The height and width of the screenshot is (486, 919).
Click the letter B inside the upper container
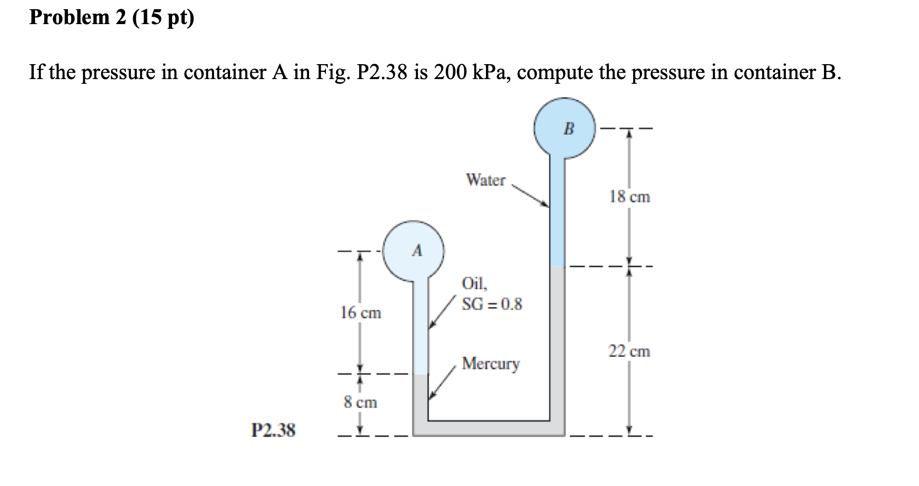(x=569, y=129)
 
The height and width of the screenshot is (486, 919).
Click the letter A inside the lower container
(x=417, y=251)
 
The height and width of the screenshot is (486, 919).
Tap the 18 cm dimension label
(x=629, y=197)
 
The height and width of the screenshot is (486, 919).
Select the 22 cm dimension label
(x=629, y=351)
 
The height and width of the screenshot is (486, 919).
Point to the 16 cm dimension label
(x=361, y=313)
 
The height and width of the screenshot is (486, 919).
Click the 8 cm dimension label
(x=360, y=402)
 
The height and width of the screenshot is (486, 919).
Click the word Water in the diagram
(x=486, y=180)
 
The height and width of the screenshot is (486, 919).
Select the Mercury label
(x=491, y=364)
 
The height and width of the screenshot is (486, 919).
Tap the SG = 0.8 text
(x=492, y=304)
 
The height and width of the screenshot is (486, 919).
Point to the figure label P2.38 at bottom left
(x=273, y=430)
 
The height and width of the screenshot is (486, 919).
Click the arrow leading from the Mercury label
(x=443, y=382)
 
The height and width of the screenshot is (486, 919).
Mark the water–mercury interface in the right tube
(x=557, y=267)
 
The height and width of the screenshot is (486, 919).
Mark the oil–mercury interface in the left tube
(x=420, y=375)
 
